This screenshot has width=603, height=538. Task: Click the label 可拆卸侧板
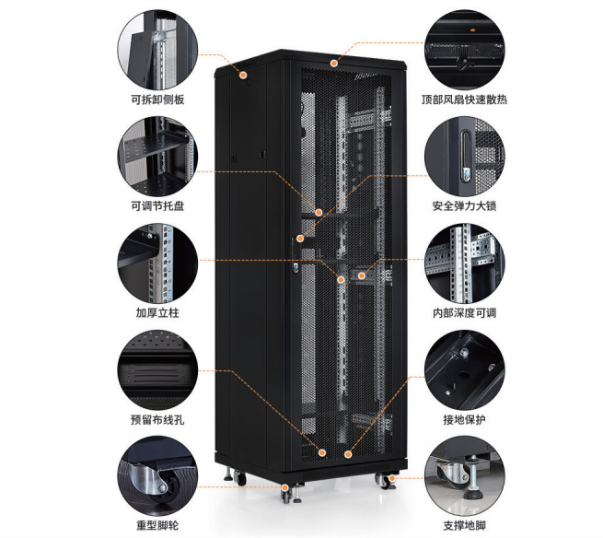coord(157,99)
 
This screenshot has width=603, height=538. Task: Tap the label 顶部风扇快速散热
coord(464,99)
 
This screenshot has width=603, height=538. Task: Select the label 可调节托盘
coord(157,205)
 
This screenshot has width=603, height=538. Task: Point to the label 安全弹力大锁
coord(464,205)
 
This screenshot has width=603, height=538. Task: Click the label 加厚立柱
coord(157,312)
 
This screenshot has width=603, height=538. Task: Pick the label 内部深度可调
coord(464,312)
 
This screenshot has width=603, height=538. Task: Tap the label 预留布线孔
coord(157,419)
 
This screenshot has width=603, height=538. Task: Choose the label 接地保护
coord(464,419)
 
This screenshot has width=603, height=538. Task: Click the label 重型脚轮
coord(157,525)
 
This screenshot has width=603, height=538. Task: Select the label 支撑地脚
coord(464,525)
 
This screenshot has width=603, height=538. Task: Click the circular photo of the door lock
coord(465,157)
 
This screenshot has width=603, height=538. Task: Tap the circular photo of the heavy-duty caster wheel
coord(157,475)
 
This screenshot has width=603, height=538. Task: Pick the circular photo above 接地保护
coord(465,369)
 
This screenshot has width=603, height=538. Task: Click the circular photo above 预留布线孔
coord(157,369)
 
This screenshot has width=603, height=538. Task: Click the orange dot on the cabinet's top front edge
coord(334,63)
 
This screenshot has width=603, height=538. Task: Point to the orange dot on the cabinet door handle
coord(300,239)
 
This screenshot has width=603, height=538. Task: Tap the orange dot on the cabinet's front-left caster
coord(285,487)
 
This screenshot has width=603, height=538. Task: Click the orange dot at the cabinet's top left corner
coord(243,75)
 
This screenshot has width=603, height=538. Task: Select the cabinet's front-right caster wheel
coord(383,481)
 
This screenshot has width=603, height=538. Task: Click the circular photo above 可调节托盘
coord(157,157)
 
